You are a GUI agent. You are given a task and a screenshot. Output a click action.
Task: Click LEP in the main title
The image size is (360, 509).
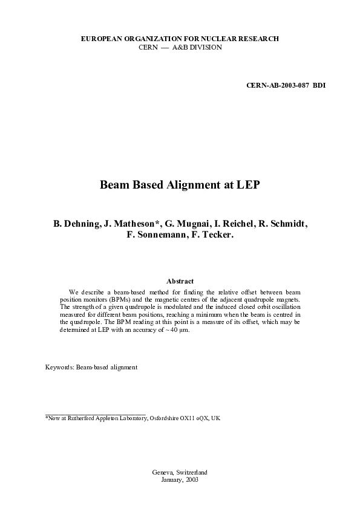(x=248, y=184)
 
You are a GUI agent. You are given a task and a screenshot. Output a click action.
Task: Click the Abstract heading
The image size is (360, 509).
(x=180, y=281)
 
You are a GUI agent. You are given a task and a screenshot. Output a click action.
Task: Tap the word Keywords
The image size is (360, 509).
(x=60, y=367)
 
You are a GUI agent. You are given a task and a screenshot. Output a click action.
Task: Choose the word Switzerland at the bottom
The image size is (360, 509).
(x=190, y=472)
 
